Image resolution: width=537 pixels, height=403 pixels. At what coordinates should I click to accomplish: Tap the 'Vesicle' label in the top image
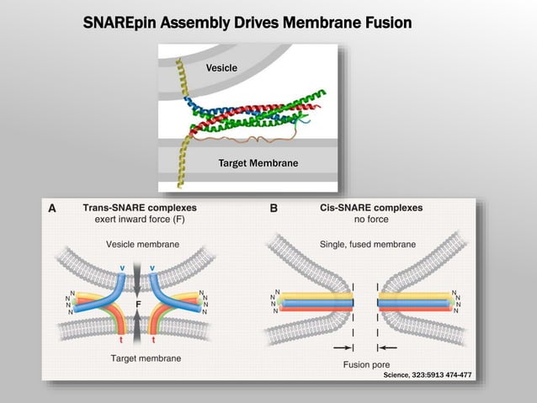[x=221, y=67]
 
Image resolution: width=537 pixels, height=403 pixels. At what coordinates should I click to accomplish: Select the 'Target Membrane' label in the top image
[x=258, y=162]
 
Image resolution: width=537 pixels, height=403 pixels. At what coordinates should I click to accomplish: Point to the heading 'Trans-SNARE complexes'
[x=139, y=207]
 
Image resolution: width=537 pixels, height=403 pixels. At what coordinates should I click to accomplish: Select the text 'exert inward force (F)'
[x=139, y=220]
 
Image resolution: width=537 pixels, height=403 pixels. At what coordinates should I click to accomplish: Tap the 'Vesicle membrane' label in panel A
[x=142, y=244]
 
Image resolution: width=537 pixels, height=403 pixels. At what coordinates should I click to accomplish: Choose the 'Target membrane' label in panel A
[x=146, y=358]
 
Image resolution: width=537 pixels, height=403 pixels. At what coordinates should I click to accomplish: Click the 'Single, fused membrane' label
[x=368, y=244]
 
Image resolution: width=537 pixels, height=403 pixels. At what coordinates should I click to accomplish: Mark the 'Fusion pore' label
[x=366, y=364]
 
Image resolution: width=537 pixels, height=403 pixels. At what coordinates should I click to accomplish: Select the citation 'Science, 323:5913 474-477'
[x=427, y=374]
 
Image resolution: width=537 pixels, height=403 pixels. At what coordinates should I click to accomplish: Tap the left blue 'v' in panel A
[x=122, y=268]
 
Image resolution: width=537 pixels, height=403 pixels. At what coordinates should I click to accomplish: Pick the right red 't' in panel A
[x=152, y=340]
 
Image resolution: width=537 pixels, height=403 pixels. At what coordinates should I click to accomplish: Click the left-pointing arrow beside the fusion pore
[x=389, y=347]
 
